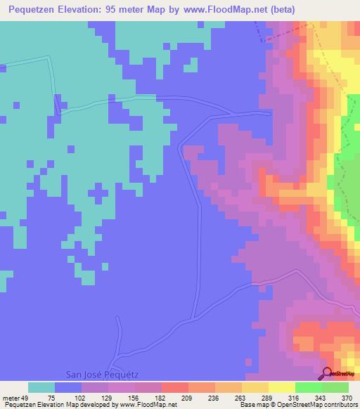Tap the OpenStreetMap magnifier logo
pos(327,373)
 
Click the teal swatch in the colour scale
pos(41,387)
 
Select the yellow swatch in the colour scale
pos(282,387)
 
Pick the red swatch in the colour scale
pos(175,387)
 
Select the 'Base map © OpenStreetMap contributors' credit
pos(297,405)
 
